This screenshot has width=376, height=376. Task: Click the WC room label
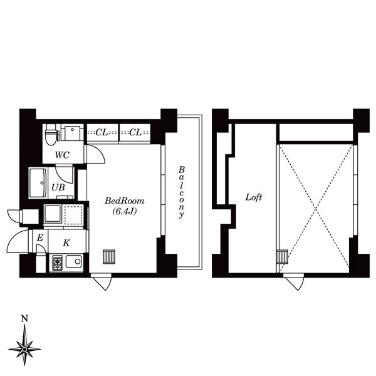pos(62,154)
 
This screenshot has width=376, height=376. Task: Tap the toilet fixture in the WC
pos(51,132)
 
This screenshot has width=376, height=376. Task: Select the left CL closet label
pos(102,132)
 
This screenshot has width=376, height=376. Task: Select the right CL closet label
pos(134,132)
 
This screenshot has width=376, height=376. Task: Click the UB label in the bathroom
pos(57,187)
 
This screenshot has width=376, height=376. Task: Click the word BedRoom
pos(124,201)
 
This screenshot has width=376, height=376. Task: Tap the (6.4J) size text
pos(124,212)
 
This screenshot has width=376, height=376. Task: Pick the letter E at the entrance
pos(39,238)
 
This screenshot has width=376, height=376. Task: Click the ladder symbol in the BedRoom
pos(109,256)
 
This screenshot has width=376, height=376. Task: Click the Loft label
pos(253,197)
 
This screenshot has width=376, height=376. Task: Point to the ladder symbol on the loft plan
pos(282,256)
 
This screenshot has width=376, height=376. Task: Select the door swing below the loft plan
pos(293,282)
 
